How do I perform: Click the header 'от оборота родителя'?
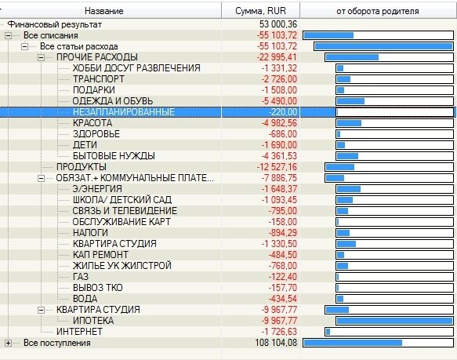[377, 12]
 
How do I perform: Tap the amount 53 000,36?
[274, 24]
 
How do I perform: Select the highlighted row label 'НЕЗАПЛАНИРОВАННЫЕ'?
[123, 112]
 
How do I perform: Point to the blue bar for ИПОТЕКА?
[394, 321]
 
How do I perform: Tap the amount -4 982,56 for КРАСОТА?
[275, 123]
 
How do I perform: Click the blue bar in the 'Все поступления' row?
[352, 343]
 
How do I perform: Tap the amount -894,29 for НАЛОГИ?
[279, 233]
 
